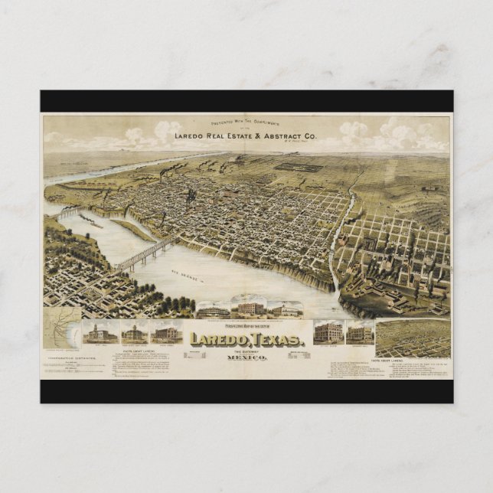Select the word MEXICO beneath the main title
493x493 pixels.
pos(250,358)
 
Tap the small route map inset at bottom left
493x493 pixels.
pos(62,329)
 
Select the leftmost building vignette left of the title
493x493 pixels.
pos(100,332)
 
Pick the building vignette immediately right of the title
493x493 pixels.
pos(328,331)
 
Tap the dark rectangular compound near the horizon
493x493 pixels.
pos(298,166)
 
